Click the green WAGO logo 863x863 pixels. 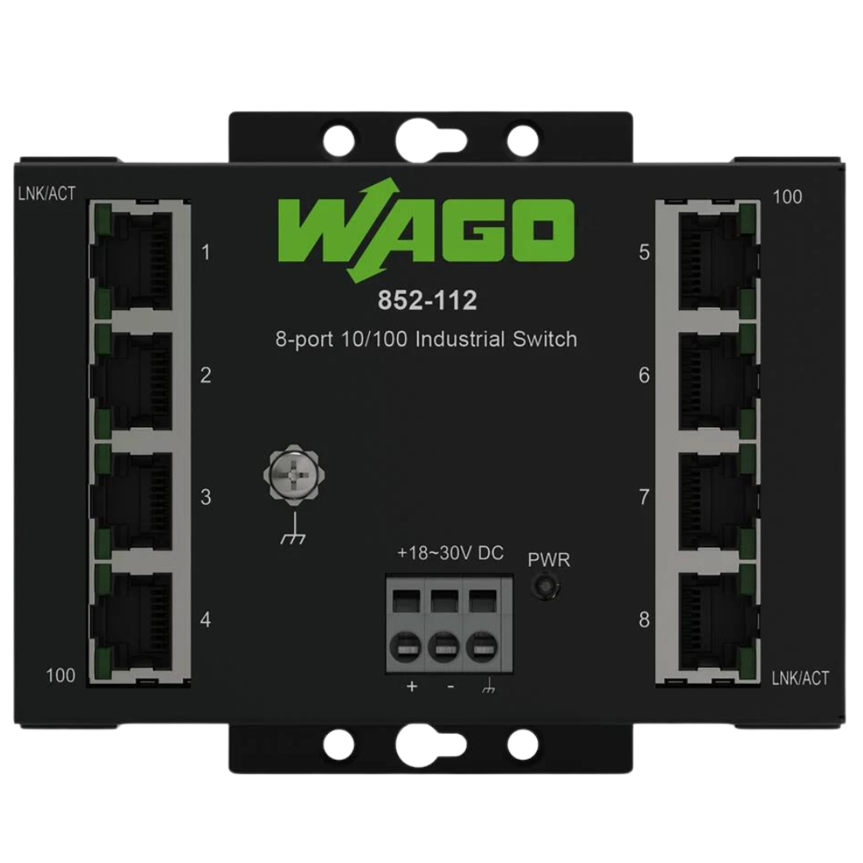click(x=426, y=230)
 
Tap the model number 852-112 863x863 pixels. click(x=427, y=300)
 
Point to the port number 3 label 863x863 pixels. click(x=205, y=497)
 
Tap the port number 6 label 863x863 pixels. click(x=644, y=376)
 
